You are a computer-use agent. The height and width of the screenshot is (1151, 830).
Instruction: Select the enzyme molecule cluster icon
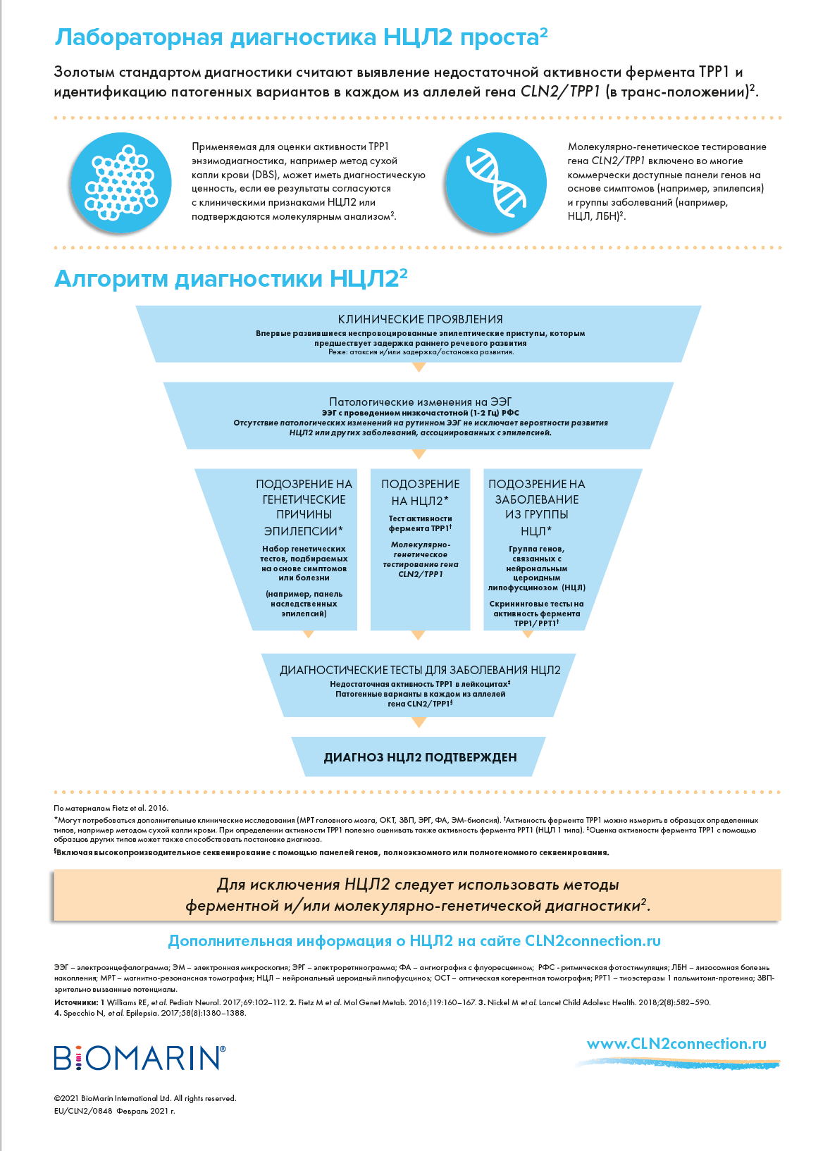tap(121, 182)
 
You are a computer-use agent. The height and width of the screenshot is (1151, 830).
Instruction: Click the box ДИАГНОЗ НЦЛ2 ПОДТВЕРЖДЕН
tap(419, 757)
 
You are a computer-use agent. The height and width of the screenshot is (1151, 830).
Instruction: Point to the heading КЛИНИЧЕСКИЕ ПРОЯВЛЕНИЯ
tap(421, 319)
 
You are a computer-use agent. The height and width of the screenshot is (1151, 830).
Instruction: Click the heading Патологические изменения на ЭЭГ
tap(421, 402)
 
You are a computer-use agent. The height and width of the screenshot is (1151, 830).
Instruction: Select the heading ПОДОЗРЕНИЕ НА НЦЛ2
tap(421, 492)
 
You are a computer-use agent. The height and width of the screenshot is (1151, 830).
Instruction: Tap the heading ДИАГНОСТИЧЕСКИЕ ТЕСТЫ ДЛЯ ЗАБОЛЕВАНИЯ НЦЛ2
tap(420, 670)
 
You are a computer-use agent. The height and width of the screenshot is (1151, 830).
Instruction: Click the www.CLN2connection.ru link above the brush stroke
tap(676, 1044)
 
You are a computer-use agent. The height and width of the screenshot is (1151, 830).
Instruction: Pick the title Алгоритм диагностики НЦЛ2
tap(231, 278)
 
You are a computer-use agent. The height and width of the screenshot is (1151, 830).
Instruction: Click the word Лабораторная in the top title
tap(139, 37)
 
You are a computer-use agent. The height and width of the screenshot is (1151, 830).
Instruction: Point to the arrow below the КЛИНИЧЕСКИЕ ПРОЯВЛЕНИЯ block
tap(419, 367)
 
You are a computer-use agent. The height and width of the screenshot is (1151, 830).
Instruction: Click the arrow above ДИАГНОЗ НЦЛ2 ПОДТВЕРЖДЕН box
tap(419, 723)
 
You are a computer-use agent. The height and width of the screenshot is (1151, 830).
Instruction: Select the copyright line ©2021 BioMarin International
tap(145, 1098)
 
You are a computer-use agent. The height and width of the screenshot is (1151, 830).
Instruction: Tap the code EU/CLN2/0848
tap(82, 1111)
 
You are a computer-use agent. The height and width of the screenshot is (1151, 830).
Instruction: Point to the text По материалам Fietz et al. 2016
tap(111, 808)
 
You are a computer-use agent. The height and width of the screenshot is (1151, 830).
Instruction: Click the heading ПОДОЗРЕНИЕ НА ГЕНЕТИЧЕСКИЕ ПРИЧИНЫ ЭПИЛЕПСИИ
tap(304, 507)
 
